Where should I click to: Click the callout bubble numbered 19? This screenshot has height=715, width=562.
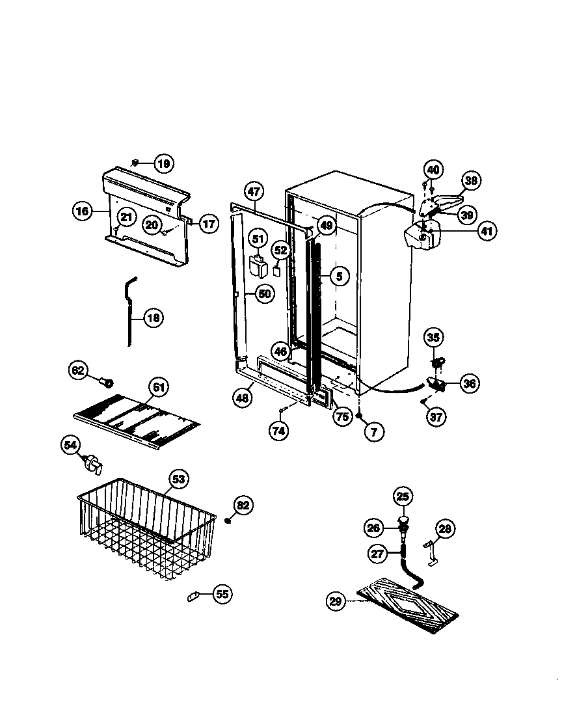163,163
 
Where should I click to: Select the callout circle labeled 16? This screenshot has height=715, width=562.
82,210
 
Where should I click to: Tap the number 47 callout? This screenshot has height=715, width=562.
254,191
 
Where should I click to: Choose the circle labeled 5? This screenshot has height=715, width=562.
339,277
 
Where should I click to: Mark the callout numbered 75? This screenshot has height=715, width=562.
341,417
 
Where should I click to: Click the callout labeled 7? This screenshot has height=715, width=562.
373,431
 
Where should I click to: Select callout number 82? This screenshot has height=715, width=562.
243,506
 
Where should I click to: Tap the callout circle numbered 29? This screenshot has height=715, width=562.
335,602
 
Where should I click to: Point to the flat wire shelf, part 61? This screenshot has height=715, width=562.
137,420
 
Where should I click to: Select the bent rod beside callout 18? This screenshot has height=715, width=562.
130,309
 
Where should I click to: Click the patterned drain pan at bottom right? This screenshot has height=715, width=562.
411,605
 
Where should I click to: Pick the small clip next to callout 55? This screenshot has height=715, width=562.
193,596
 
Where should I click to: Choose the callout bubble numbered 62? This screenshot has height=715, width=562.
78,371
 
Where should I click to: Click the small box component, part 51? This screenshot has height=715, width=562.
260,267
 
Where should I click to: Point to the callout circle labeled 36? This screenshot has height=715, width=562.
469,383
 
